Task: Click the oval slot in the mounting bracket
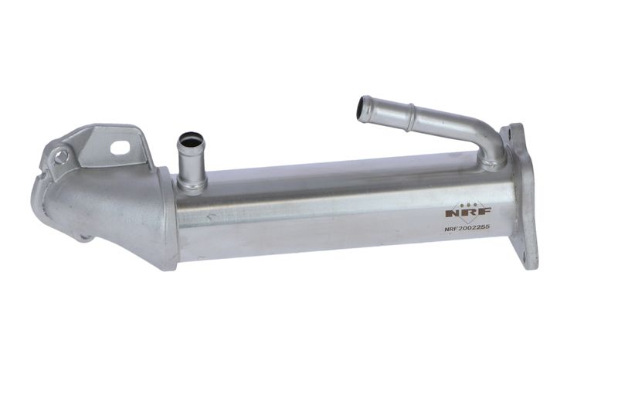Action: point(121,148)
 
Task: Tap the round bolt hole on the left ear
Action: point(61,157)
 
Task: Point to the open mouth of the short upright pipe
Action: point(191,140)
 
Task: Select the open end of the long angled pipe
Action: point(362,107)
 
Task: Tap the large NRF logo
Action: point(468,212)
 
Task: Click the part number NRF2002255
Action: point(467,228)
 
